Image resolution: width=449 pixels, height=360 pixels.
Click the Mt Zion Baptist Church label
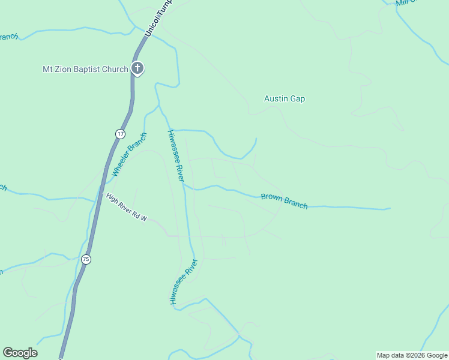tap(85, 69)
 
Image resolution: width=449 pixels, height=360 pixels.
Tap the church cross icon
tap(137, 68)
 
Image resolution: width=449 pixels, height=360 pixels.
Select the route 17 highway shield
tap(121, 133)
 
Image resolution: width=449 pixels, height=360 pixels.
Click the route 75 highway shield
tap(86, 259)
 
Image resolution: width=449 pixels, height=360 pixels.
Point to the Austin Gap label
tap(285, 98)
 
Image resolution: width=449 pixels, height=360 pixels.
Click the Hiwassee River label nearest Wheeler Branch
tap(176, 155)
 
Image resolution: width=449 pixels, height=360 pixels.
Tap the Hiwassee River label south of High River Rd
tap(183, 282)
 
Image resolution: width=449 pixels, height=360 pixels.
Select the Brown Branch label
tap(284, 201)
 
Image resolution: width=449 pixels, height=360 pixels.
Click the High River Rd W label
tap(127, 208)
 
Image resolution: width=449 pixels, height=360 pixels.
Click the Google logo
tap(20, 353)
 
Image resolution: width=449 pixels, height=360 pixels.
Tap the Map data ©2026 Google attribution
tap(412, 355)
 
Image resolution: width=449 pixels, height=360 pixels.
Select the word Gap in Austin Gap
tap(298, 98)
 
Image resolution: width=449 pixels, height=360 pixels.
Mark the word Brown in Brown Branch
tap(272, 198)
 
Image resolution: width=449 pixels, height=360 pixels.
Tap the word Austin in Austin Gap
tap(276, 98)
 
